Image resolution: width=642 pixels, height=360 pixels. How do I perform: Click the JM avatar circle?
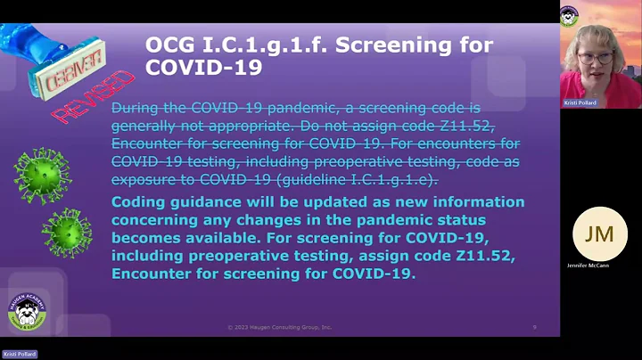click(x=598, y=233)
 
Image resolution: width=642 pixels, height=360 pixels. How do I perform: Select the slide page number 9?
click(x=534, y=328)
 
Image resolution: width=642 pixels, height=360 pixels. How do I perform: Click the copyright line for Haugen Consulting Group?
click(x=279, y=328)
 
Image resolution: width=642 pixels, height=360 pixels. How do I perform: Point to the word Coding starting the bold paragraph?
click(x=136, y=201)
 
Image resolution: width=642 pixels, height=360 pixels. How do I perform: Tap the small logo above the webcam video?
click(x=570, y=15)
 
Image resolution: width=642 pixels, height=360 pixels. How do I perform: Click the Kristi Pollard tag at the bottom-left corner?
click(x=19, y=354)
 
